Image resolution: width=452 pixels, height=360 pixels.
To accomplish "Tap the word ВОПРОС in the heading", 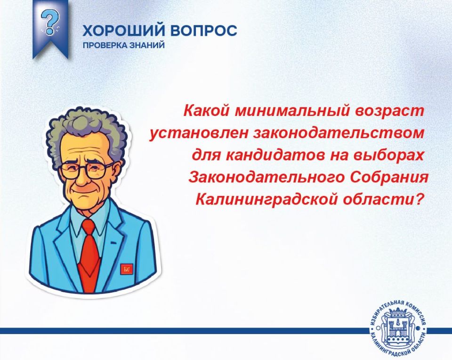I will click(208, 31).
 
